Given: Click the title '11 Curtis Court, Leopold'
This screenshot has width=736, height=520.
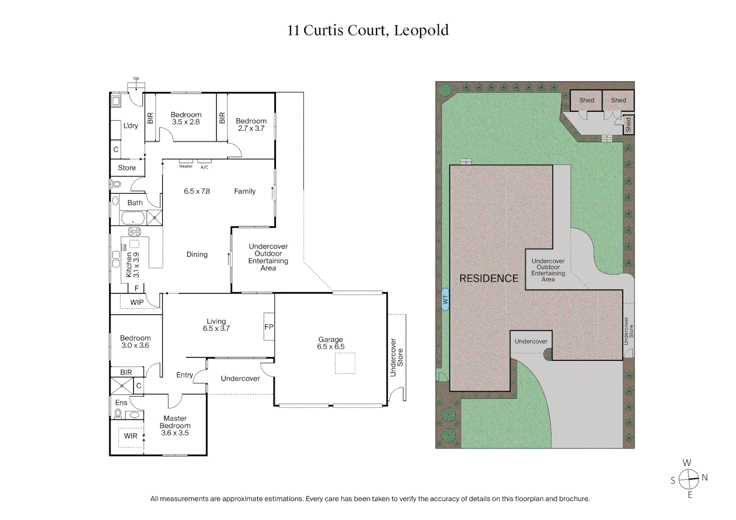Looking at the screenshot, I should click(368, 30).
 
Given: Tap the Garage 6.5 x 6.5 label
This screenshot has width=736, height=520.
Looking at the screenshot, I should click(330, 343).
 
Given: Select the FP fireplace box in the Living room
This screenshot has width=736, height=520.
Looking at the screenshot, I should click(269, 327).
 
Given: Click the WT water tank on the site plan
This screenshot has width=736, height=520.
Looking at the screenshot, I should click(445, 299).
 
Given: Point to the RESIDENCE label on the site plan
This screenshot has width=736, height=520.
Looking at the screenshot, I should click(488, 278).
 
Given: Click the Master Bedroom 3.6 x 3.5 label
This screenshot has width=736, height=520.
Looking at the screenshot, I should click(175, 426).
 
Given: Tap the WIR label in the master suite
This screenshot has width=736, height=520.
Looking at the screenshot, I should click(131, 436).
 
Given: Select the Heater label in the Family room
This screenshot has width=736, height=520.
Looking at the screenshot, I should click(186, 166).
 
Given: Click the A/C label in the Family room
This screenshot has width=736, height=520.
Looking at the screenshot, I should click(204, 167).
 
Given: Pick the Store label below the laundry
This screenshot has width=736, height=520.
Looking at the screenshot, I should click(127, 168).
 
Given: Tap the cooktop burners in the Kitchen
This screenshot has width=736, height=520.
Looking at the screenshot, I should click(134, 232).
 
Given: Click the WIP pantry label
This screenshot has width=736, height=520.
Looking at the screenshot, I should click(137, 302).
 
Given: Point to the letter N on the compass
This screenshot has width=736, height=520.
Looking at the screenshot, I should click(704, 478).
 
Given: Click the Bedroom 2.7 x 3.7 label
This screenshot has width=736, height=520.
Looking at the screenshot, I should click(251, 125).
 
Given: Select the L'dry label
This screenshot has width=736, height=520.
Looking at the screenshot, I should click(131, 126).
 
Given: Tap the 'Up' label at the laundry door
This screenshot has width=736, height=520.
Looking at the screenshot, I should click(136, 78).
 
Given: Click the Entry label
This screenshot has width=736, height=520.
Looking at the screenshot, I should click(184, 375).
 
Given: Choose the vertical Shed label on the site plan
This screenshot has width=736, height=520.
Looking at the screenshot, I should click(628, 125).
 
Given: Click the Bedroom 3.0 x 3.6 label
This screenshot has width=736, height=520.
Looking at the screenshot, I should click(135, 342).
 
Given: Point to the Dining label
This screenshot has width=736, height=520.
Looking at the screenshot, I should click(197, 254).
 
